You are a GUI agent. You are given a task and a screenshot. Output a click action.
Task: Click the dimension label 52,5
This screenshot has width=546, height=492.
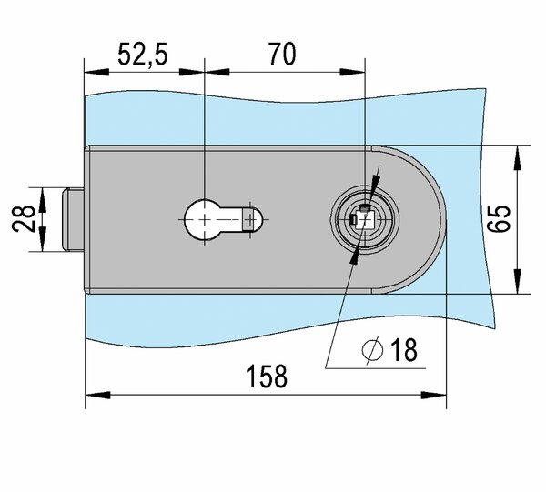pos(143,55)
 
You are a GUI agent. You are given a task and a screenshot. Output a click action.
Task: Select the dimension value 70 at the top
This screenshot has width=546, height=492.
pos(283,54)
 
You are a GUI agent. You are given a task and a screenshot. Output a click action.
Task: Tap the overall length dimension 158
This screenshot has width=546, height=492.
pos(267,377)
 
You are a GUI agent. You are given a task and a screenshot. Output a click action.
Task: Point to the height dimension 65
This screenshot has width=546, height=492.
pos(499,219)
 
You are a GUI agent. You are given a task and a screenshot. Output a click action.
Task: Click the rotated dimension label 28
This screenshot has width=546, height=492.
pos(24,219)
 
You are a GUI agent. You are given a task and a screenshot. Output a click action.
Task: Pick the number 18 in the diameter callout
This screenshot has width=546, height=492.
pos(404,349)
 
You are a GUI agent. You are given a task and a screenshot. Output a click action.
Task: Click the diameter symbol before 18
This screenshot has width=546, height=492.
pos(372,350)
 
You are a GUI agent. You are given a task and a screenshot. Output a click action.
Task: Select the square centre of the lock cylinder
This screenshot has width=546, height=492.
pos(364,219)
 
